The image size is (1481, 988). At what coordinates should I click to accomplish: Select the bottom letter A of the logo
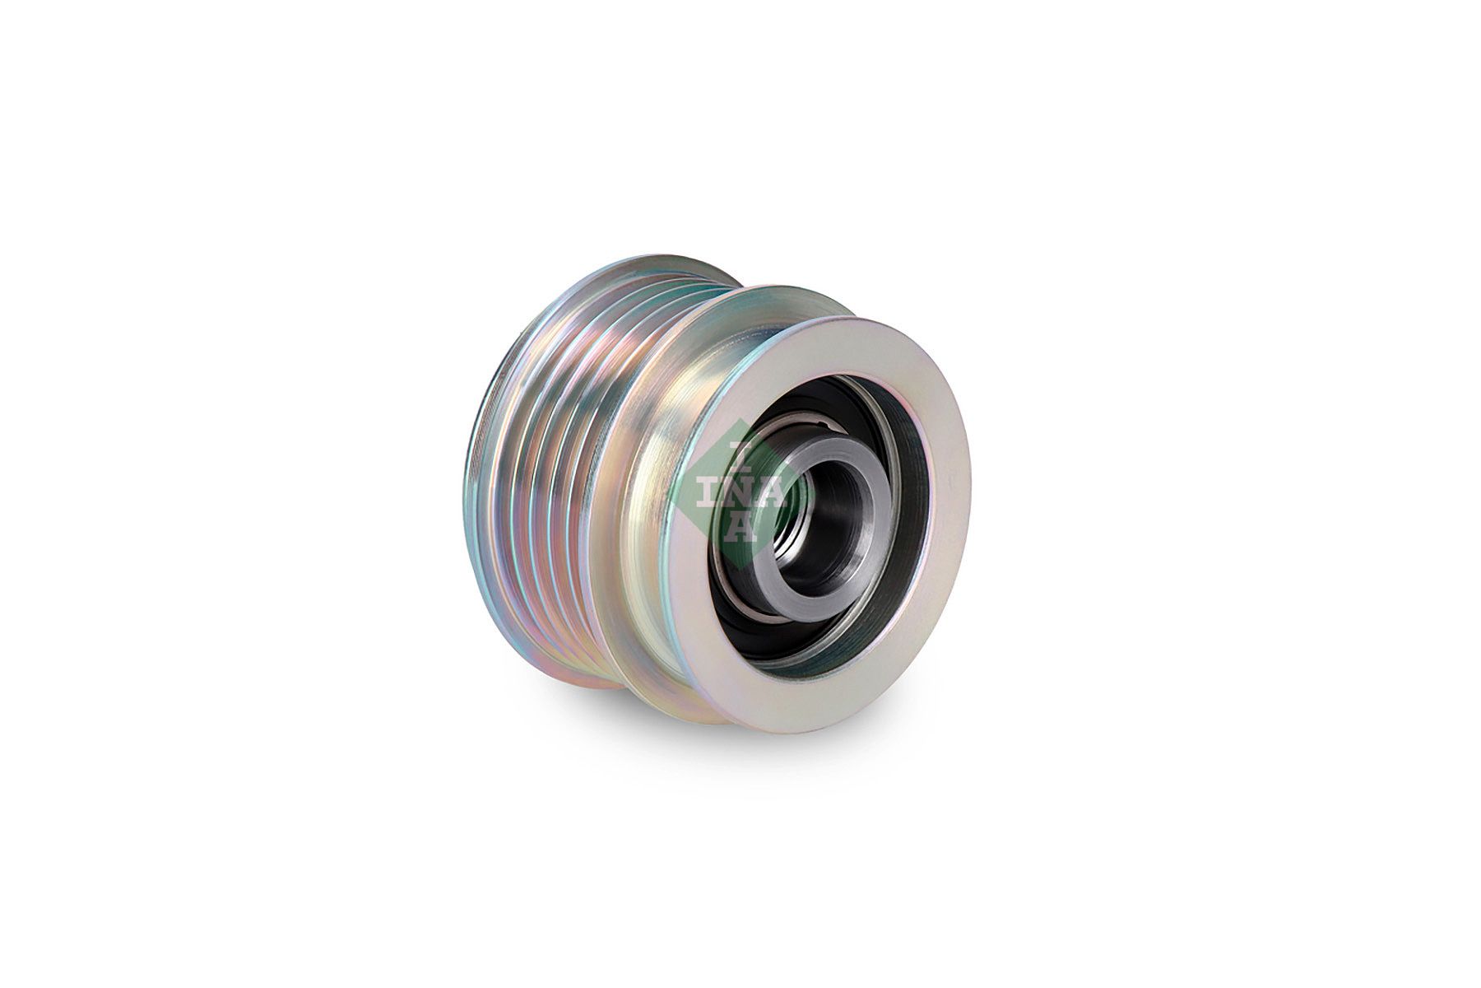point(741,528)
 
